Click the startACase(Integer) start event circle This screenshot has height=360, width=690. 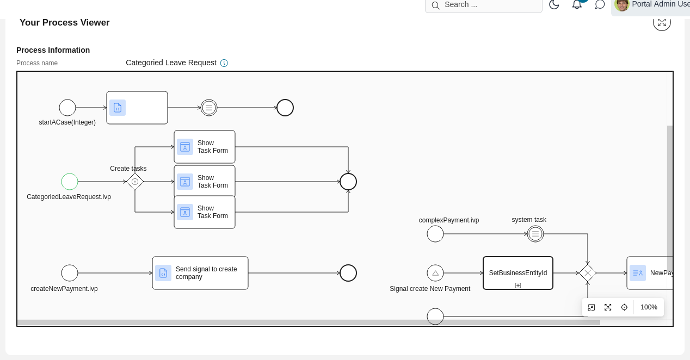tap(67, 108)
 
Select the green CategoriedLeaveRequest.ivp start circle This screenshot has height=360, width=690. tap(70, 182)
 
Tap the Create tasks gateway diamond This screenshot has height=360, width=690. tap(135, 182)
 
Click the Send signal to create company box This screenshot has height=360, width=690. tap(200, 273)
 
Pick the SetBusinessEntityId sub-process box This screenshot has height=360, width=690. tap(518, 273)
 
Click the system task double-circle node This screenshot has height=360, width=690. tap(535, 234)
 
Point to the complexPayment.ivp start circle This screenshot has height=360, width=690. tap(435, 234)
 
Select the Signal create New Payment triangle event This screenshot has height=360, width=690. tap(435, 273)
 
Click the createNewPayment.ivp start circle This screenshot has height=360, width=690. tap(70, 273)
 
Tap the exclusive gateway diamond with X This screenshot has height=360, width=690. tap(588, 273)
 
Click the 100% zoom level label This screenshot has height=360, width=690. tap(649, 307)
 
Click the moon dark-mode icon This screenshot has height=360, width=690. tap(554, 4)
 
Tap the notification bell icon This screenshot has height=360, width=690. tap(577, 4)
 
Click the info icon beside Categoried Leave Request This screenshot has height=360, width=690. tap(224, 63)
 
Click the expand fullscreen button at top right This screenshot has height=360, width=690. tap(662, 22)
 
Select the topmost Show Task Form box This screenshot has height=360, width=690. tap(205, 147)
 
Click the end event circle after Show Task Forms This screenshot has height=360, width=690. tap(348, 182)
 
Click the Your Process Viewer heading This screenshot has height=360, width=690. tap(65, 22)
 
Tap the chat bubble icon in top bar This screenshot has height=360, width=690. tap(600, 4)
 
